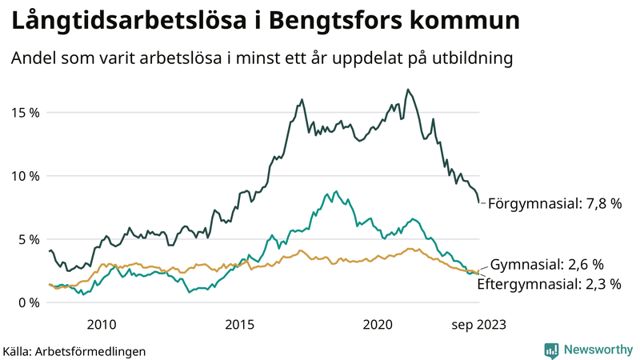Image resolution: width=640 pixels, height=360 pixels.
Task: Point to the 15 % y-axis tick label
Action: click(x=25, y=112)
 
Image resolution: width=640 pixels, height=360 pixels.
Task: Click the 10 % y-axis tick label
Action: click(x=25, y=175)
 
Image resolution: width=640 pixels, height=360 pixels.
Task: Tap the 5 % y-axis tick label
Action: click(x=29, y=238)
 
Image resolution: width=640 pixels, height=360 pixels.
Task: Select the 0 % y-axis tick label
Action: click(x=29, y=302)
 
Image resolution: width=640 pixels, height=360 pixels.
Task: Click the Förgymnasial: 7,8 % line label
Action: click(x=554, y=203)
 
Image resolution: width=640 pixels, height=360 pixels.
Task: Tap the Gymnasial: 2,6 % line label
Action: click(x=546, y=264)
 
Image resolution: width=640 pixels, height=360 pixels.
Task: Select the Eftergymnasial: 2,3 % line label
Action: click(x=549, y=283)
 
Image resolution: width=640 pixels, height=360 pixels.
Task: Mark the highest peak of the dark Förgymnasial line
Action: click(x=408, y=90)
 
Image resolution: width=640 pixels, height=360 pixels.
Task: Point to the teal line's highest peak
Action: click(x=336, y=192)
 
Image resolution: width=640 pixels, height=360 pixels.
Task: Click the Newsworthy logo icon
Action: click(x=551, y=350)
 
